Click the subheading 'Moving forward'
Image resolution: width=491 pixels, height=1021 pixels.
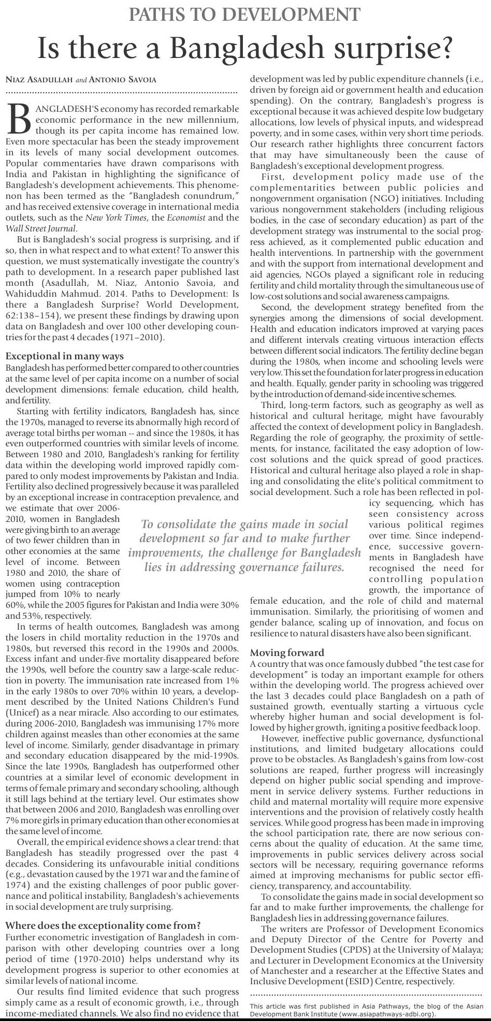pos(287,652)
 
